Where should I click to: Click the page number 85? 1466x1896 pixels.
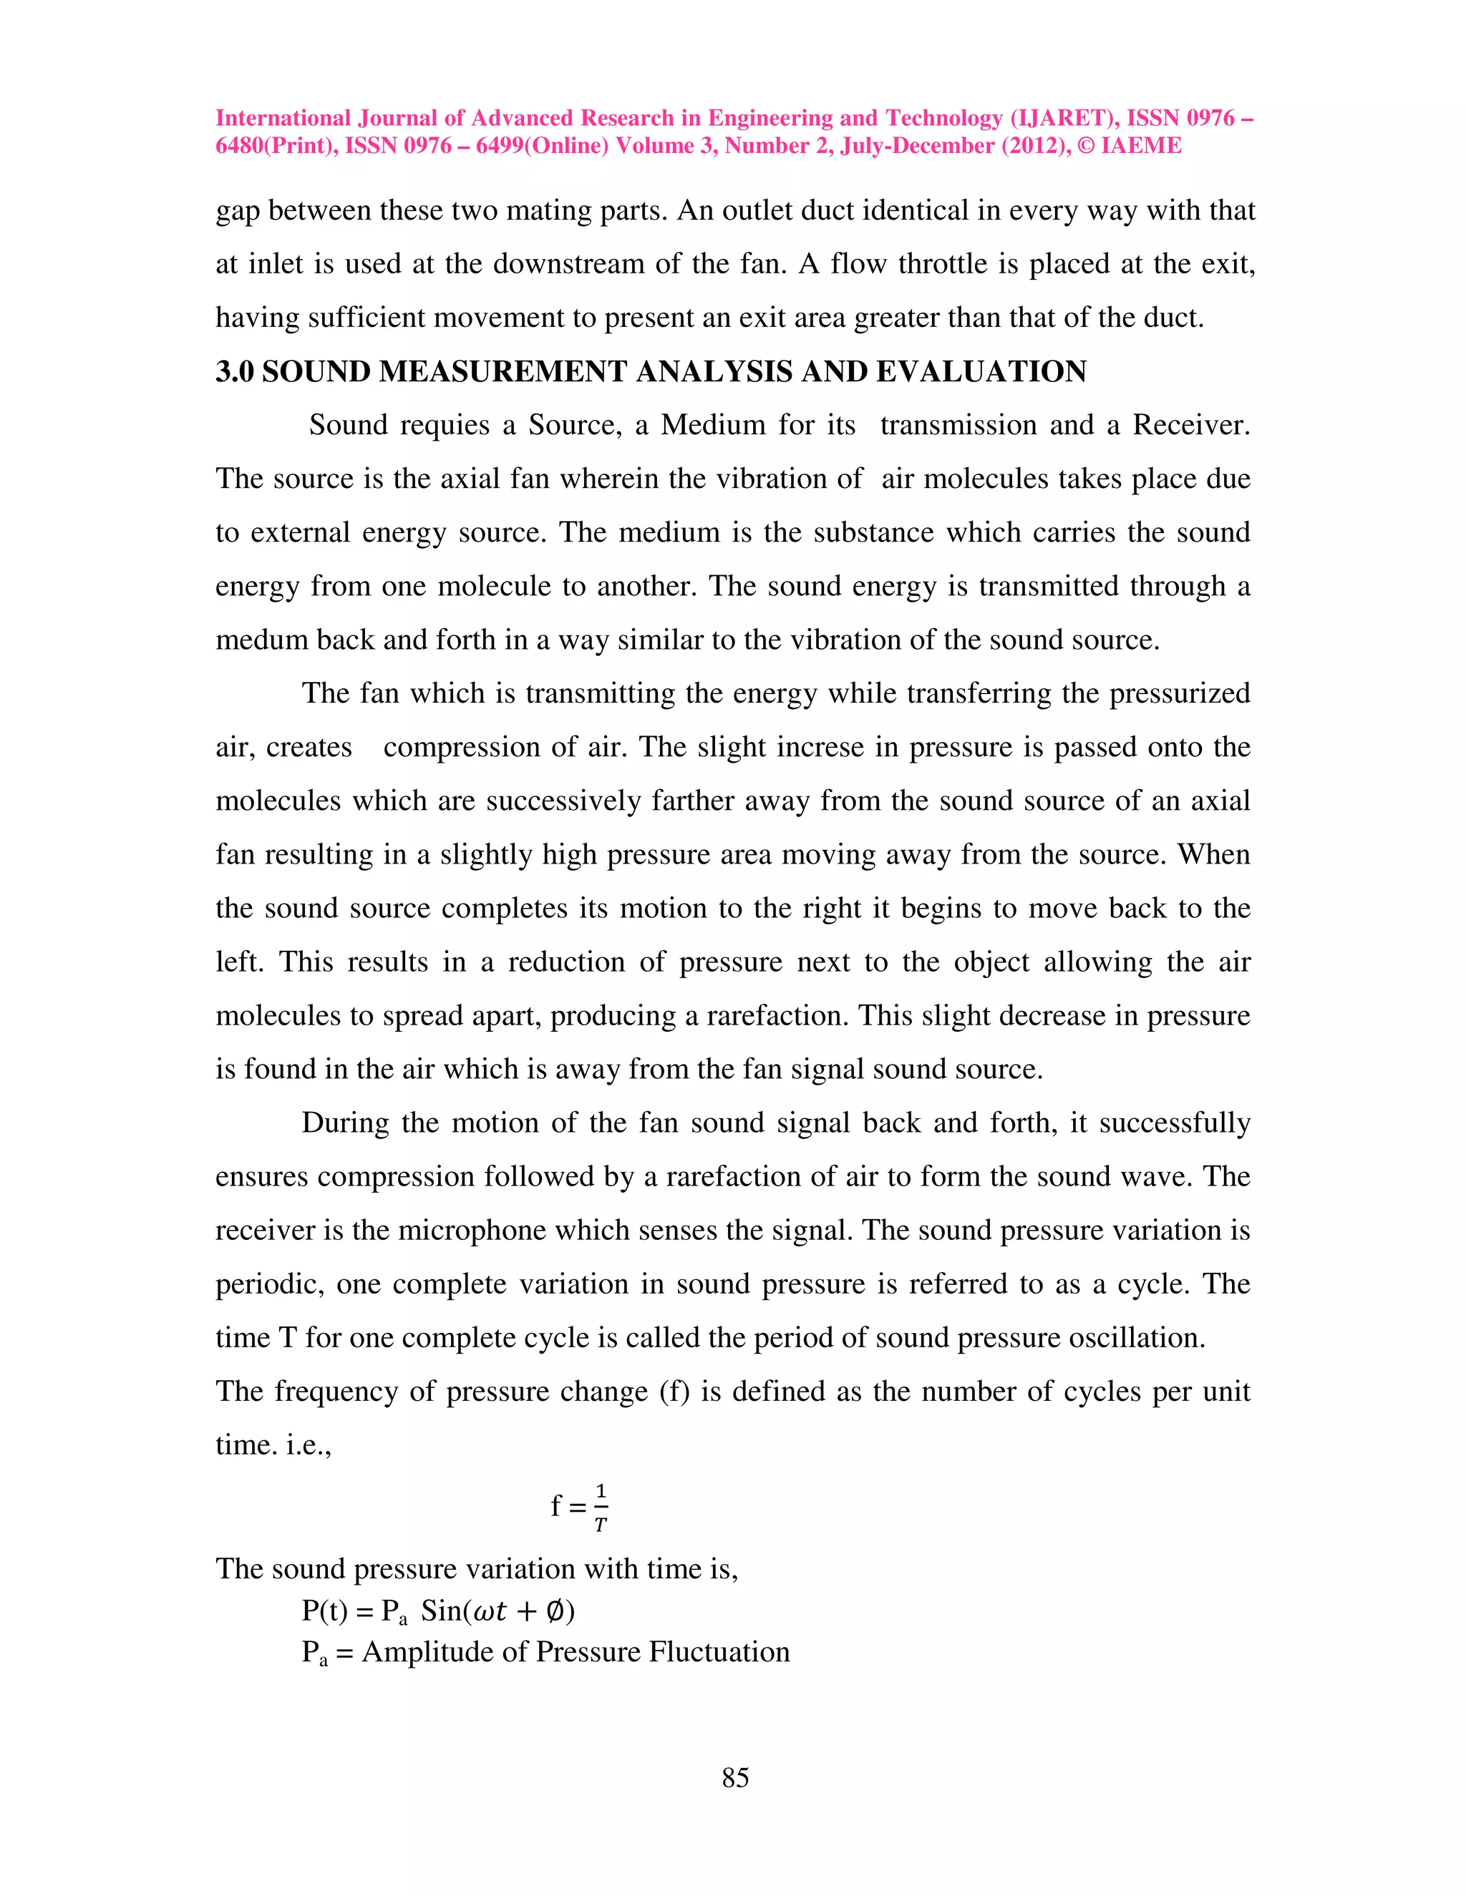[x=734, y=1777]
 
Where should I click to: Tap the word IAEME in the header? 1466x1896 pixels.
[x=1140, y=146]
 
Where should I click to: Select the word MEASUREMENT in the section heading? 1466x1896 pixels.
[x=506, y=371]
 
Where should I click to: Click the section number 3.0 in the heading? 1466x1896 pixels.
[x=235, y=371]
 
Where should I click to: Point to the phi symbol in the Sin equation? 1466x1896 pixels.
[x=555, y=1612]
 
